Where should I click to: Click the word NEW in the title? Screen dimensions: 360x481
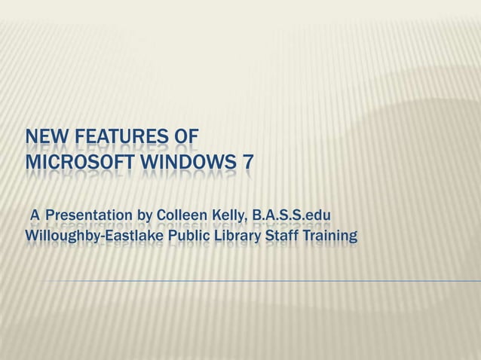[x=44, y=138]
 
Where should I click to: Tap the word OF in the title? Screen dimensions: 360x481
[x=186, y=138]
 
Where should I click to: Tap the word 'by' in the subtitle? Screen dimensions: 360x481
[x=144, y=219]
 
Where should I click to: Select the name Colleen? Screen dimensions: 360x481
[x=180, y=218]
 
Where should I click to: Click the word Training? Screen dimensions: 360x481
[x=328, y=239]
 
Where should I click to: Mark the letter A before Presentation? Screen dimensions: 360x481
[x=35, y=218]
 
